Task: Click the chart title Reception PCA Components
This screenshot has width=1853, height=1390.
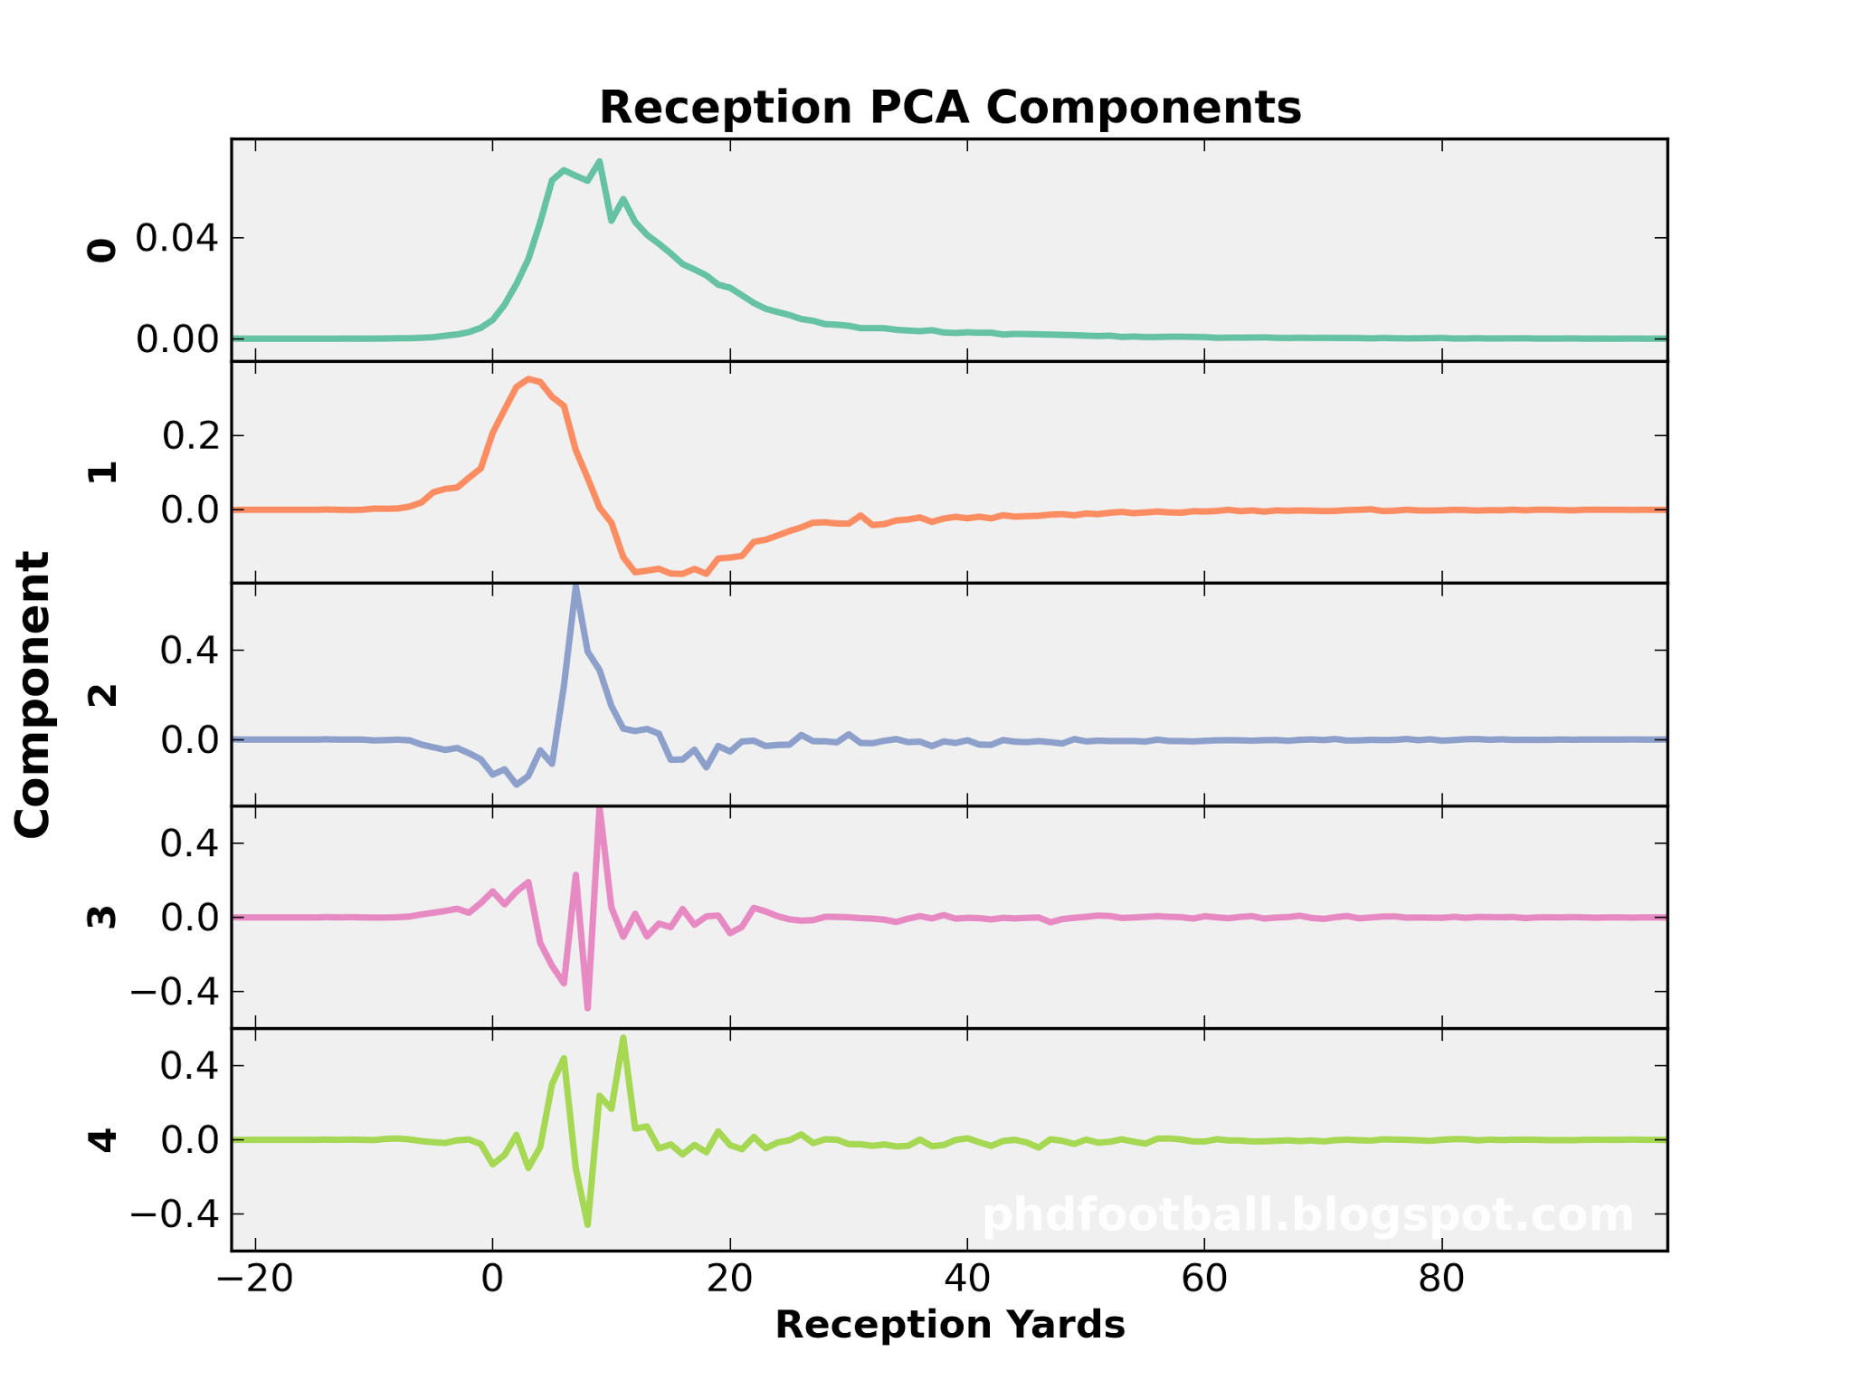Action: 950,108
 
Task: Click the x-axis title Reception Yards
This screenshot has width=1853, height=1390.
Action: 950,1325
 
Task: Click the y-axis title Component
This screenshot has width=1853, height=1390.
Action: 33,695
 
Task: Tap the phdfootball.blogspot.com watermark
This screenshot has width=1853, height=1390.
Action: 1307,1215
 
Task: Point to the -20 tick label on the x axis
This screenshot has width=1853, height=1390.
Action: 255,1280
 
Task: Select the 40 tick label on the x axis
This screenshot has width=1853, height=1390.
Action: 967,1280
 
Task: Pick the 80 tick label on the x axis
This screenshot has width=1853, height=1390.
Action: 1441,1280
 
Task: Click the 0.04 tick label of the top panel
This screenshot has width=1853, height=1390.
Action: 177,239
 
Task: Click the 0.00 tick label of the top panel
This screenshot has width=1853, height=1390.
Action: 177,339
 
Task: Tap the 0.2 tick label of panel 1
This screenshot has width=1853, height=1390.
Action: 191,436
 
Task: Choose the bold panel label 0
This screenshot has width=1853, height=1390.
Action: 102,251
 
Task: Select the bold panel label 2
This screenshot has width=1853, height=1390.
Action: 102,695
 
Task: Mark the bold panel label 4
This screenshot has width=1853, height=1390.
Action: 102,1140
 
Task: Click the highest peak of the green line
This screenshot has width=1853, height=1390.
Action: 599,162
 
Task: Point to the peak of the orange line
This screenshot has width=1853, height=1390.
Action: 528,379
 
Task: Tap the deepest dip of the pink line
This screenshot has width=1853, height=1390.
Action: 587,1007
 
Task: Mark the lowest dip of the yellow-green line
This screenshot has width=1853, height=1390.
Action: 587,1224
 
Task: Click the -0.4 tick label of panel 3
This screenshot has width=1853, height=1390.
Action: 176,993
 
